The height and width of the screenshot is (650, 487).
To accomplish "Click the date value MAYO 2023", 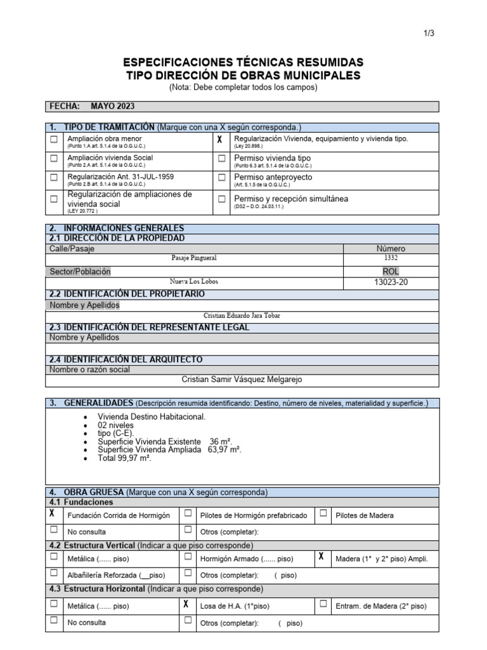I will click(112, 107).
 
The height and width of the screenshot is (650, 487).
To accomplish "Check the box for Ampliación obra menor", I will click(55, 140).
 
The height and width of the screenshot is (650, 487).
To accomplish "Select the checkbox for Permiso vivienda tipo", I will click(222, 159).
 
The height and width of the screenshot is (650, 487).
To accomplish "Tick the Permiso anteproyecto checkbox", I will click(222, 178).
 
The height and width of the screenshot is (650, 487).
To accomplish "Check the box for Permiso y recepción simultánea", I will click(222, 199).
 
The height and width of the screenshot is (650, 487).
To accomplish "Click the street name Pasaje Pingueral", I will click(194, 259).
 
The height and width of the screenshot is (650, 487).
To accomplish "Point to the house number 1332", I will click(391, 259).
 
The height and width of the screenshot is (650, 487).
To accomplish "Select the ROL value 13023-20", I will click(391, 282).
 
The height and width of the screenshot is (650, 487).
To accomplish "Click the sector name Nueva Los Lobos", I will click(194, 282).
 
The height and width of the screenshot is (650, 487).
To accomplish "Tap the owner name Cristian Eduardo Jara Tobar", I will click(242, 315).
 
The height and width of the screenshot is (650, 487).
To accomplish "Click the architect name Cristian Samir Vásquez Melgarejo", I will click(242, 380).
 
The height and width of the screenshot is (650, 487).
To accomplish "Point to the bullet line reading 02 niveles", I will click(115, 425).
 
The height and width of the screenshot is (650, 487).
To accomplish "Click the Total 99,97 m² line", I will click(124, 458).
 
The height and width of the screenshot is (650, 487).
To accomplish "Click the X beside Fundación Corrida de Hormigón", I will click(54, 514).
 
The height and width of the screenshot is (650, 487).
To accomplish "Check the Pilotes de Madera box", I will click(323, 514).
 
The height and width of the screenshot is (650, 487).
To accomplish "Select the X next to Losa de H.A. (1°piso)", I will click(186, 604).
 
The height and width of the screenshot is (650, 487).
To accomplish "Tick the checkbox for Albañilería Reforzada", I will click(54, 574).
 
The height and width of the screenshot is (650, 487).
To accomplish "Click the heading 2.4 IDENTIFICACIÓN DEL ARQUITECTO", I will click(126, 359).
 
